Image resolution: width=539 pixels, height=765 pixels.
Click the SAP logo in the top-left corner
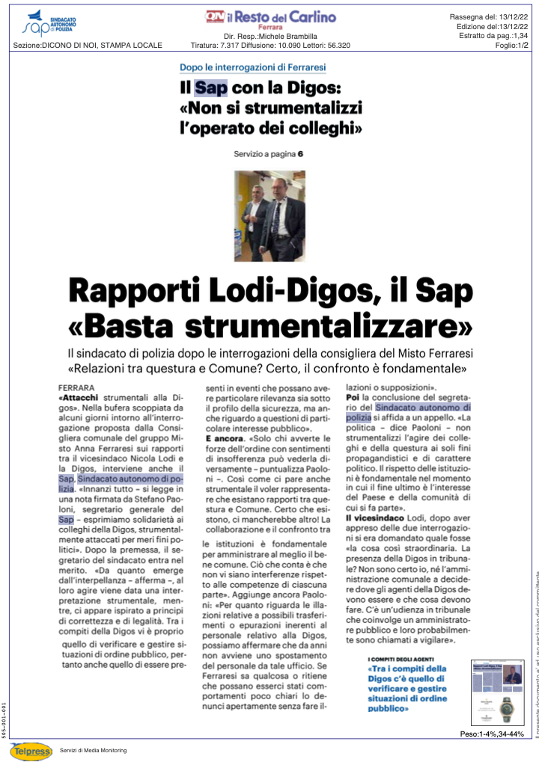click(49, 24)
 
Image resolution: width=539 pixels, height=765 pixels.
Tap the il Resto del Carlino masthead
click(270, 18)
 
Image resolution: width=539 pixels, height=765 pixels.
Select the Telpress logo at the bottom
click(31, 750)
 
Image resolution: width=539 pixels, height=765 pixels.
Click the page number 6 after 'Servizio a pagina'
click(300, 154)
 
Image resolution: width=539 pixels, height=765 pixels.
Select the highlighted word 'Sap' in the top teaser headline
click(210, 88)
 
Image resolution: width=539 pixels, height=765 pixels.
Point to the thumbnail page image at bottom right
click(498, 688)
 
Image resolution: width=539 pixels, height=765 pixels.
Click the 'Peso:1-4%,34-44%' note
click(491, 734)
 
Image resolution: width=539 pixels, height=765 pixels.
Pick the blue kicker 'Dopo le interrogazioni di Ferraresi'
click(253, 67)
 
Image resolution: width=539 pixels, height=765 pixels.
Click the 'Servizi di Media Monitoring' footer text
click(93, 750)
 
